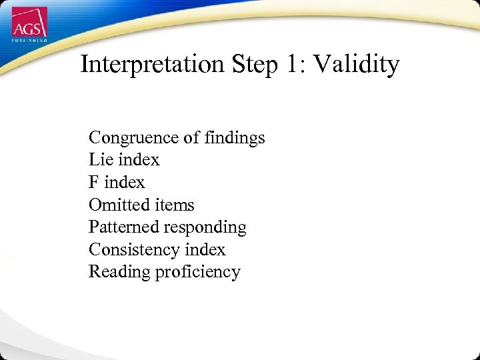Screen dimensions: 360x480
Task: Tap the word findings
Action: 234,138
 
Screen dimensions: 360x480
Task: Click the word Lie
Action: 100,160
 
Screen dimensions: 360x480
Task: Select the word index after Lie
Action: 139,160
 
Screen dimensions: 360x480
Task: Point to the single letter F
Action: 94,183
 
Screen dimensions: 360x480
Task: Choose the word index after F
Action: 124,183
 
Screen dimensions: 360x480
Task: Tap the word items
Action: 173,205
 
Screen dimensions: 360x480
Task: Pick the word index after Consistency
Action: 205,249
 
